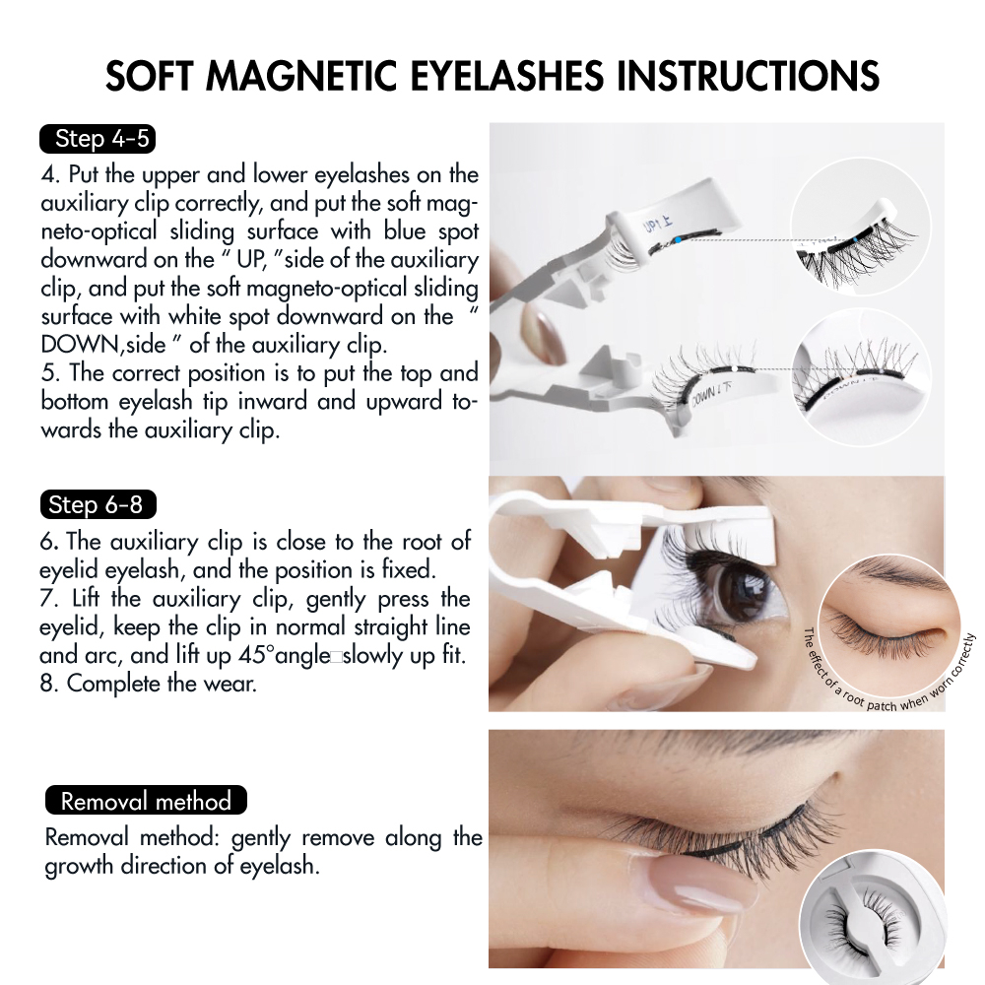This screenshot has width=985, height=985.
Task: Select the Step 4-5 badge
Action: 98,139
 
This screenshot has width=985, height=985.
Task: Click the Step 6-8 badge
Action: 98,504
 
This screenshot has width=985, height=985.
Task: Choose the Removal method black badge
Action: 146,800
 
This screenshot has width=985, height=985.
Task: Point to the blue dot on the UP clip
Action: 679,239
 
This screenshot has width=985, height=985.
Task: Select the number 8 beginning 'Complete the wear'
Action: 47,684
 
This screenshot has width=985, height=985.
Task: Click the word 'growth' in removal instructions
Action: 79,866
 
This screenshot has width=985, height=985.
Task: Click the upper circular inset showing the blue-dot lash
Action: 861,227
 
